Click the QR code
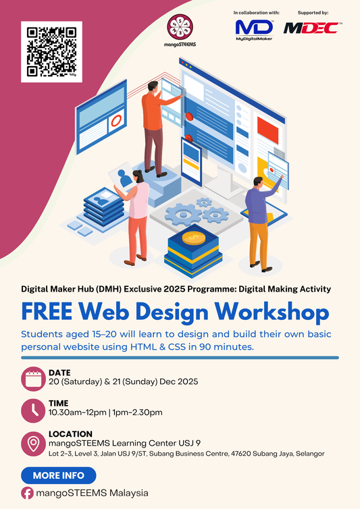pos(52,52)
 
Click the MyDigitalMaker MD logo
pos(254,28)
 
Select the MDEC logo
pos(313,28)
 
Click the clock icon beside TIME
pos(33,410)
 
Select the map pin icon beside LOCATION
pos(33,443)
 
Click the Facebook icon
pos(28,493)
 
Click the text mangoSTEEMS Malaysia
pos(93,493)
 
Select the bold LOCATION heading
pos(70,433)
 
